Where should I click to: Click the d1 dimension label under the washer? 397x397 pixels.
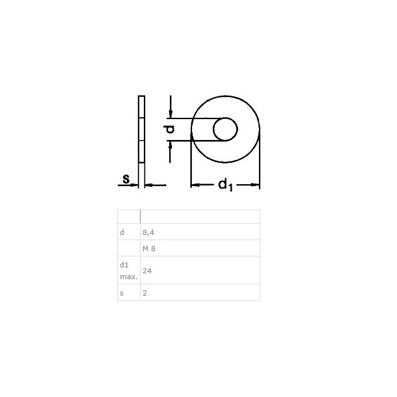pyautogui.click(x=225, y=185)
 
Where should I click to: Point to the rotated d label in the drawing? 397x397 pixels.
pyautogui.click(x=170, y=130)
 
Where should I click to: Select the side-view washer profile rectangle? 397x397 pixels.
pyautogui.click(x=141, y=130)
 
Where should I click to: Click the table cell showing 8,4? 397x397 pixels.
pyautogui.click(x=149, y=232)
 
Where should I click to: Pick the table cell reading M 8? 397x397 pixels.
pyautogui.click(x=150, y=248)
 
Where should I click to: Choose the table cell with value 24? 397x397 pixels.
pyautogui.click(x=147, y=269)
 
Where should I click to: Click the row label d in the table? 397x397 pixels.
pyautogui.click(x=122, y=232)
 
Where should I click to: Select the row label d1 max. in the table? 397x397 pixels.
pyautogui.click(x=128, y=270)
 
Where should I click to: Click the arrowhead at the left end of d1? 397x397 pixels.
pyautogui.click(x=195, y=186)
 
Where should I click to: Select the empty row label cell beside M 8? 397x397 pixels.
pyautogui.click(x=128, y=248)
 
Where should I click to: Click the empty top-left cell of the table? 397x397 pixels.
pyautogui.click(x=128, y=217)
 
